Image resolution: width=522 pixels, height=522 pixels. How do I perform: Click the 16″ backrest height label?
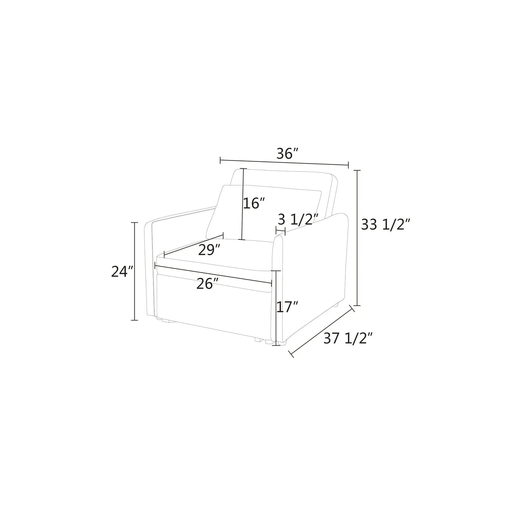(x=253, y=203)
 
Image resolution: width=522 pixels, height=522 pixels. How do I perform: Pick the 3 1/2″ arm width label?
(x=298, y=219)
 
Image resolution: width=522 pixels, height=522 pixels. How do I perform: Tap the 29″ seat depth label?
(x=209, y=250)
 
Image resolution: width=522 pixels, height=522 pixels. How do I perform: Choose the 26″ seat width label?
(x=207, y=284)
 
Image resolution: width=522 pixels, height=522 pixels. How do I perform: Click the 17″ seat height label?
(x=288, y=307)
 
